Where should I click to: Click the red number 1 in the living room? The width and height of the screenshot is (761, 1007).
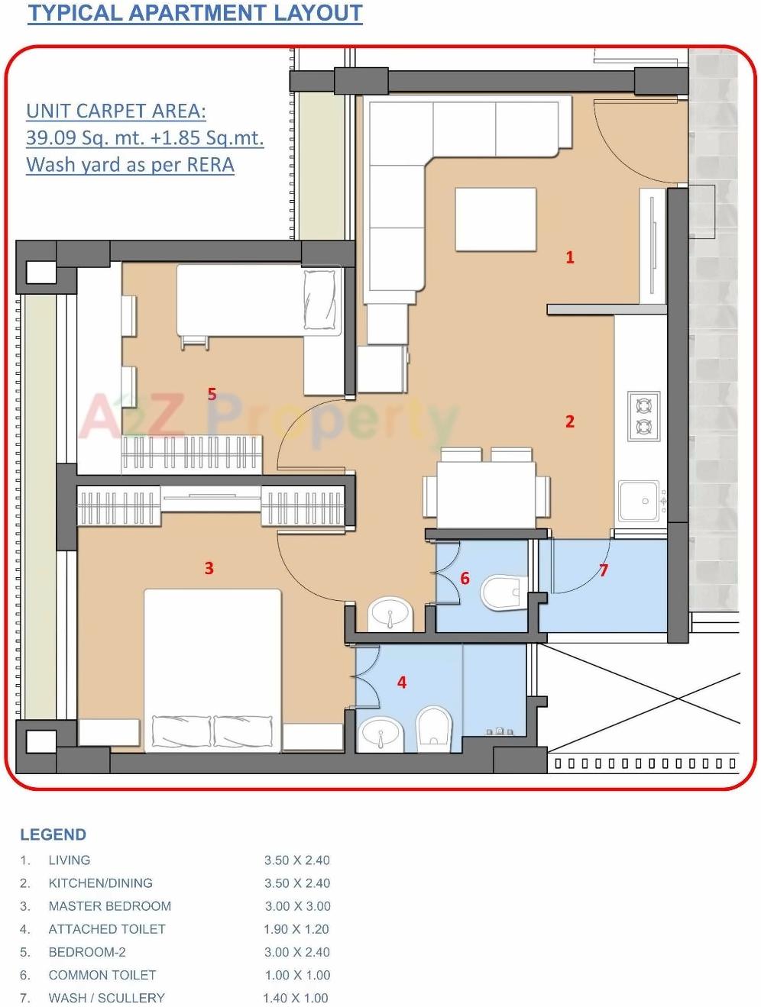[569, 257]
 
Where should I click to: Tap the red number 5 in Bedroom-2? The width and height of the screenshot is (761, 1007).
[212, 394]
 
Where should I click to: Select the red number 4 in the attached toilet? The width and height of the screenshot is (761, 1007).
[402, 683]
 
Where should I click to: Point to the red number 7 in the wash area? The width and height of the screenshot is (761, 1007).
[604, 570]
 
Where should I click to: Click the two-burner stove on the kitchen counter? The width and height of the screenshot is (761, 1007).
[643, 416]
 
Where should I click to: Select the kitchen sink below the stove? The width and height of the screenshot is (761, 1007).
[640, 501]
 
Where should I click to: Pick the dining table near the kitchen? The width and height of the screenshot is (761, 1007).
[485, 495]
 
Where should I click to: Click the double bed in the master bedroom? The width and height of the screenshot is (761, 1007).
[212, 668]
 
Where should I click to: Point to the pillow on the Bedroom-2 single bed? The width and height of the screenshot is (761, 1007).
[321, 301]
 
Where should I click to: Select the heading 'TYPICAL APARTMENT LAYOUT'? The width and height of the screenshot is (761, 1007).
[195, 14]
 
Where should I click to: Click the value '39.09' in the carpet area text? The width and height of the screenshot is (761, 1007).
[51, 138]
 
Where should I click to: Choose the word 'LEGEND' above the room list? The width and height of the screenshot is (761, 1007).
[53, 834]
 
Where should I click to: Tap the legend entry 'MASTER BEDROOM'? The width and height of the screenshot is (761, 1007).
[109, 906]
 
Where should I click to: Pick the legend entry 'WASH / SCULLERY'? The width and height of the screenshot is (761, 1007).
[106, 998]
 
